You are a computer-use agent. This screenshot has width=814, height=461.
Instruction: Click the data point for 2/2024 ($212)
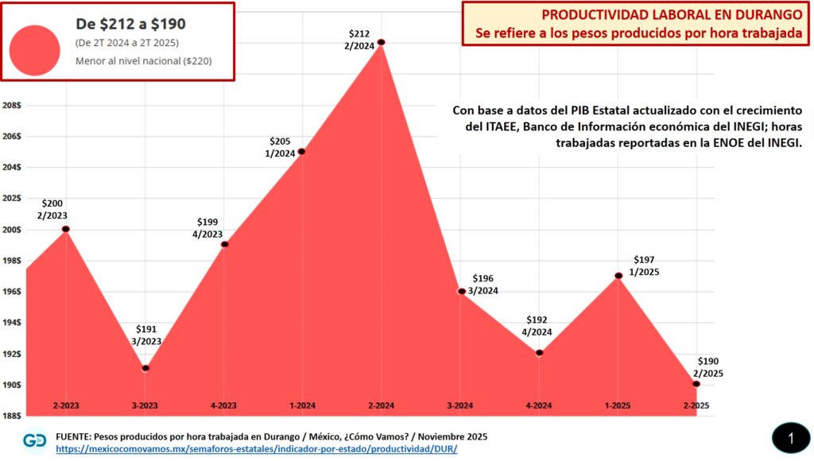[x=382, y=42]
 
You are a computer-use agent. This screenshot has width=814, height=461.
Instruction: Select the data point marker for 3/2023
[x=145, y=368]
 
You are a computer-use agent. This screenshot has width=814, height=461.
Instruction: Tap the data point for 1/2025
[x=618, y=276]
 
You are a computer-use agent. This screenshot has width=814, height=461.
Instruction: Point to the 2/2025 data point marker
[x=696, y=384]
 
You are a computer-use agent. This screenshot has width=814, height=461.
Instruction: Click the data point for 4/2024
[x=539, y=353]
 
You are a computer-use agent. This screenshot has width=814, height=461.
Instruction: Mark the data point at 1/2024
[x=302, y=151]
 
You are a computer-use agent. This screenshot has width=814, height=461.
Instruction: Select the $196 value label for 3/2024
[x=483, y=279]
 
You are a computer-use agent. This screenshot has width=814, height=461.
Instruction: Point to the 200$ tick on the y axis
[x=13, y=230]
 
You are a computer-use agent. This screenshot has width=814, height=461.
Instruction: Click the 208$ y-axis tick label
[x=13, y=105]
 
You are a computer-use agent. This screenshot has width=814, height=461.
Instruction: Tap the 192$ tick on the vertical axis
[x=13, y=354]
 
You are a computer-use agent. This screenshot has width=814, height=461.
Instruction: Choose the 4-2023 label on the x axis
[x=223, y=405]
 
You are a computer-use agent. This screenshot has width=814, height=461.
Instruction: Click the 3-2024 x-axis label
[x=460, y=405]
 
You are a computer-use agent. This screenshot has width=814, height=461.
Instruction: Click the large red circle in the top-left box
[x=35, y=49]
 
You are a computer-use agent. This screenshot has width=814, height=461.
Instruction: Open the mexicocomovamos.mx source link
[x=257, y=449]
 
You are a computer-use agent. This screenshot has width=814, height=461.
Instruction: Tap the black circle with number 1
[x=791, y=438]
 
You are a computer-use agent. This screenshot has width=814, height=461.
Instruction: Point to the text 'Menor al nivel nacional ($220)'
[x=144, y=61]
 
